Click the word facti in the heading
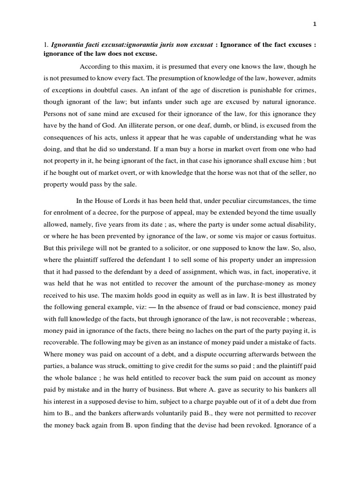[x=91, y=45]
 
